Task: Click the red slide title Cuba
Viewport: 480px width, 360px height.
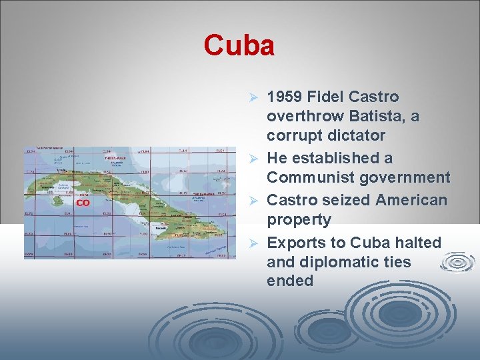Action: (x=239, y=46)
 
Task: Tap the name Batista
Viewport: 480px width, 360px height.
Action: (x=369, y=116)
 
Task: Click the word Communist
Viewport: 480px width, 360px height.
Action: (x=311, y=177)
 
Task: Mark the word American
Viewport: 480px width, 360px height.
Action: (x=411, y=200)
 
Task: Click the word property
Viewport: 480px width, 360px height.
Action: (x=299, y=219)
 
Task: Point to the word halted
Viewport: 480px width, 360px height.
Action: (x=419, y=242)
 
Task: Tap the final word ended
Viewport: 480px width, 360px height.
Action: (x=290, y=281)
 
